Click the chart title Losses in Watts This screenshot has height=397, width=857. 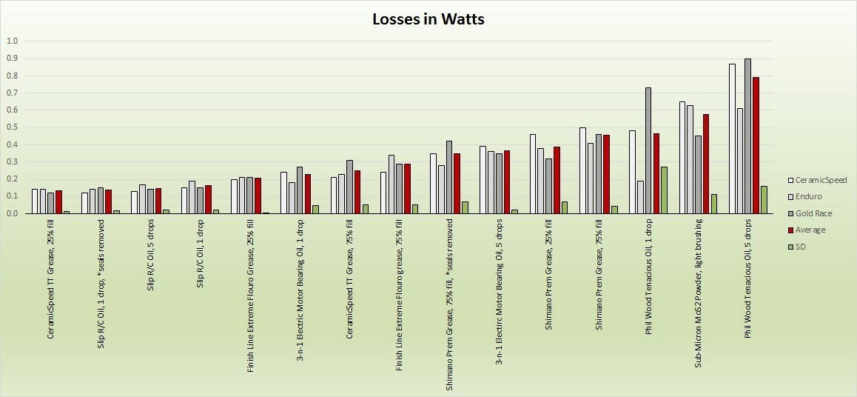point(428,19)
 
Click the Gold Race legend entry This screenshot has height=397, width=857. point(814,213)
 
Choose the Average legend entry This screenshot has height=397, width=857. point(810,230)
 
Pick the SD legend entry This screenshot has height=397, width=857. point(801,247)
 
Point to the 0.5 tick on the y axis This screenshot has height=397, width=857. point(11,127)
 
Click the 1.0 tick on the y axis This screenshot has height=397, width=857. point(11,41)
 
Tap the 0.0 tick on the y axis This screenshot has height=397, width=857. point(11,214)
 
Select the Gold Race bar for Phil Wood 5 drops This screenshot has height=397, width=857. point(748,136)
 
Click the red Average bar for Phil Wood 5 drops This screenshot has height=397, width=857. point(756,145)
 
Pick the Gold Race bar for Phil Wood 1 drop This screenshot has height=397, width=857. point(648,150)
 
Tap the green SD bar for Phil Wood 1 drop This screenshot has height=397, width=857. point(664,190)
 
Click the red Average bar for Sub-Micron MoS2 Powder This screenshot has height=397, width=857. point(706,164)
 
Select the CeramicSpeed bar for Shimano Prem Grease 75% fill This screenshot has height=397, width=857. point(583,170)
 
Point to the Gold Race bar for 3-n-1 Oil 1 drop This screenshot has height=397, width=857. point(299,190)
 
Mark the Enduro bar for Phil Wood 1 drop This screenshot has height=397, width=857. point(641,197)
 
